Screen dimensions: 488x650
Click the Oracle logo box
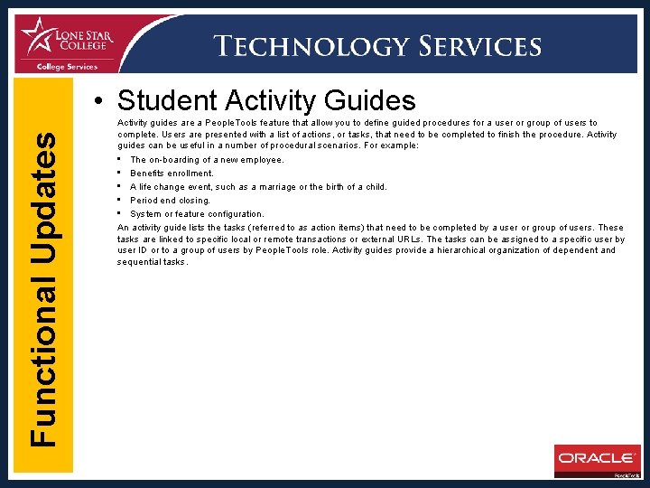click(x=597, y=459)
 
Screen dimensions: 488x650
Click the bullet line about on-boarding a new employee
click(x=207, y=160)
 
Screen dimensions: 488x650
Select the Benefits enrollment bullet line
click(x=172, y=174)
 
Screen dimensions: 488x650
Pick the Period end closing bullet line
click(x=170, y=201)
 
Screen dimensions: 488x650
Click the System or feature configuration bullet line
click(x=197, y=214)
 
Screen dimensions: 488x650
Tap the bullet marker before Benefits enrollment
click(x=119, y=173)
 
